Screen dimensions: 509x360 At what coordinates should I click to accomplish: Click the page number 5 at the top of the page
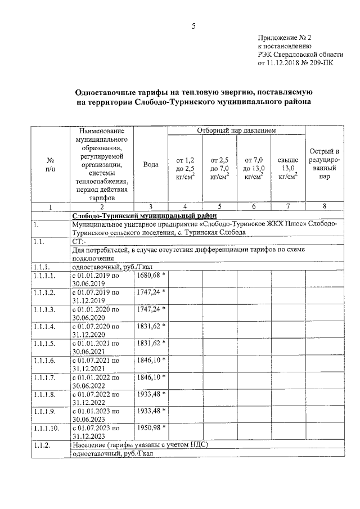(x=193, y=26)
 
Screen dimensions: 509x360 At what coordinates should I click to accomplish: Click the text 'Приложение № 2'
(x=284, y=37)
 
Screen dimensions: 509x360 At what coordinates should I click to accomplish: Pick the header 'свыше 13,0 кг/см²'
(x=287, y=168)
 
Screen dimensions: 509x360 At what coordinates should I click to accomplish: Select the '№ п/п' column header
(x=50, y=164)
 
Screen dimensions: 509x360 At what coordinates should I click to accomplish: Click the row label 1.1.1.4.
(x=45, y=326)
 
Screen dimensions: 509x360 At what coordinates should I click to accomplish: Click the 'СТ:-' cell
(x=79, y=241)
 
